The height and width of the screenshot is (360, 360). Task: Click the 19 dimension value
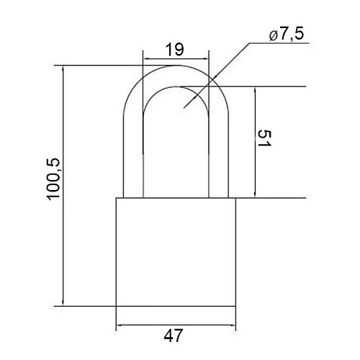(175, 50)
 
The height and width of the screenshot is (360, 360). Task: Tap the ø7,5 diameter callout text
(287, 34)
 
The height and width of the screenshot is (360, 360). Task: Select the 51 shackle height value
(264, 138)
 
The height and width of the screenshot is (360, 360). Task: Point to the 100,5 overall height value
(53, 179)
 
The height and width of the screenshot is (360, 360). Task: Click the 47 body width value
(174, 336)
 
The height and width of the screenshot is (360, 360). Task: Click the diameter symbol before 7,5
(274, 36)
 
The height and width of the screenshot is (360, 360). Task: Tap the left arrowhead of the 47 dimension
(120, 325)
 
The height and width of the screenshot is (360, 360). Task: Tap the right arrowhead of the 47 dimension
(233, 325)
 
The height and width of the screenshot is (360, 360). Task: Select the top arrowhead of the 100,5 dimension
(63, 68)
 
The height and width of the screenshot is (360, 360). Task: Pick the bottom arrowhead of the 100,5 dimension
(63, 302)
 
